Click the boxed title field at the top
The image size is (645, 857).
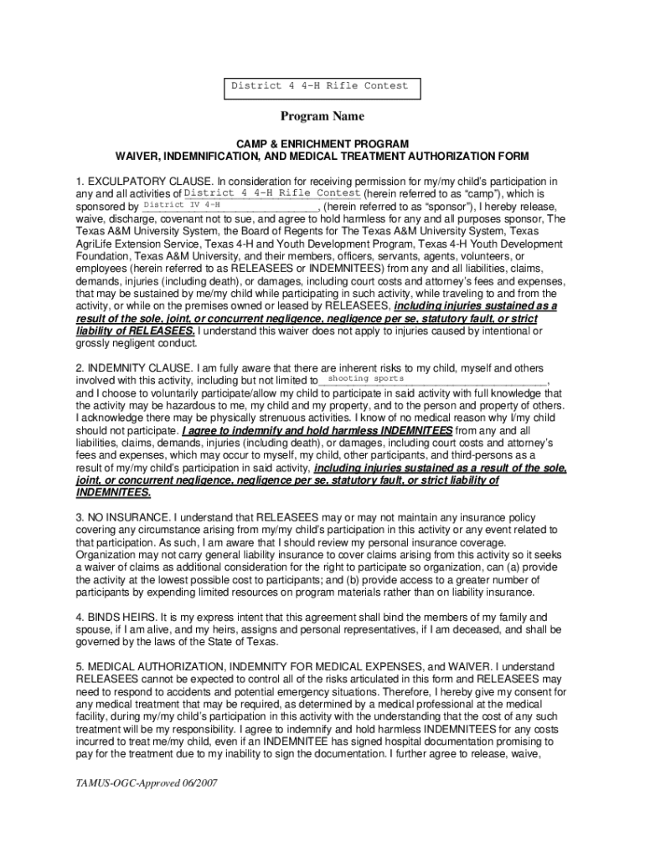tap(322, 86)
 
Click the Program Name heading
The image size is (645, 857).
tap(322, 116)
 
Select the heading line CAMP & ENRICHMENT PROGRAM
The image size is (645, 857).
tap(322, 144)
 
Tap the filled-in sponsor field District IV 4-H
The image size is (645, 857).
tap(182, 204)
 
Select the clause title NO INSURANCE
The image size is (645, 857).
tap(129, 518)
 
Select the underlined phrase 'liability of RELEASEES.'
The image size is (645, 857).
tap(135, 331)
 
